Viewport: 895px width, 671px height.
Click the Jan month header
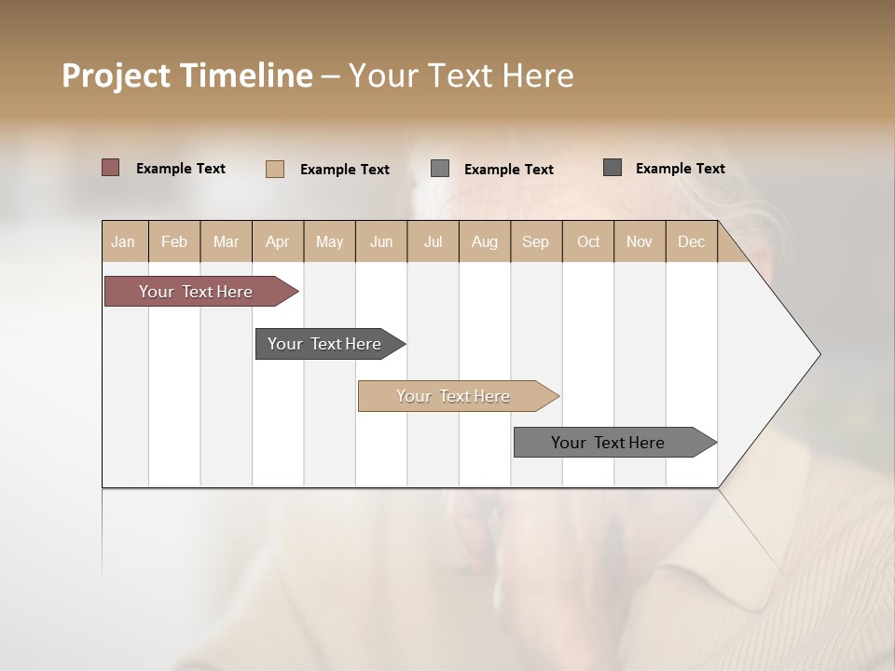tap(123, 241)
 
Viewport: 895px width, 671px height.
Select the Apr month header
tap(277, 241)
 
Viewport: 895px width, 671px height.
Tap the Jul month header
tap(433, 241)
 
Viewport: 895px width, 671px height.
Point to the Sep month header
tap(535, 241)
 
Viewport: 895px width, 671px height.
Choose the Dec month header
tap(691, 241)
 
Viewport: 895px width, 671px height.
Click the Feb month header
tap(174, 241)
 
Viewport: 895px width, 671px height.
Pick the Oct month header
tap(588, 241)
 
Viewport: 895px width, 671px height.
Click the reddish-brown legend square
tap(110, 168)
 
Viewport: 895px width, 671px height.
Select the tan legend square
tap(275, 169)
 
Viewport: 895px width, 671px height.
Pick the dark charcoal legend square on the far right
tap(613, 168)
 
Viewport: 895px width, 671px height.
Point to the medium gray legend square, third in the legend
tap(440, 169)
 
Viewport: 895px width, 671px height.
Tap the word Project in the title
tap(116, 75)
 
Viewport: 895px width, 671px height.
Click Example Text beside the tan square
tap(345, 170)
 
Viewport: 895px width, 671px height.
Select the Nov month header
tap(640, 241)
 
